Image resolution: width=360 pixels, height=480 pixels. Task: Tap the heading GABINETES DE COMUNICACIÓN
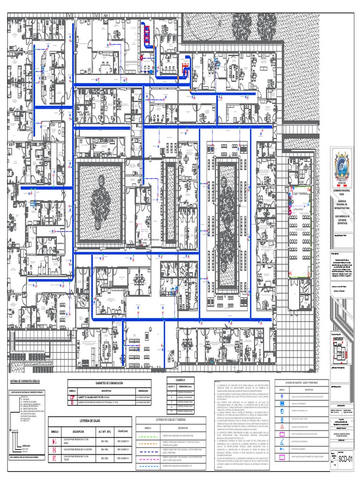[x=109, y=383]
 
